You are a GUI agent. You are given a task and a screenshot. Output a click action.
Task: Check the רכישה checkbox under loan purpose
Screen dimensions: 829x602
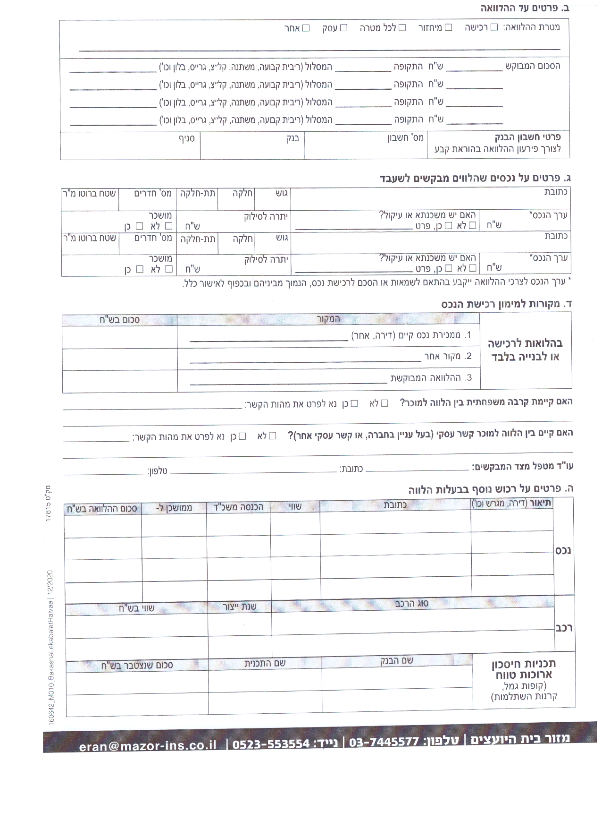[x=494, y=27]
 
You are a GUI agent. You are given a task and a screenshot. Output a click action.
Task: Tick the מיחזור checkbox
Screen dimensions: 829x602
[x=449, y=27]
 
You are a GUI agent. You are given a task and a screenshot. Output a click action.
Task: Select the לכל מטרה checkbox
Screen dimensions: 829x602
[x=402, y=27]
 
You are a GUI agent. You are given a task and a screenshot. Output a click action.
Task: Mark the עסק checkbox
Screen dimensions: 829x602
[x=344, y=28]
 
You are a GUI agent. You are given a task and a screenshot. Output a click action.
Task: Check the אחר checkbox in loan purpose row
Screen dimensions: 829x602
[x=306, y=28]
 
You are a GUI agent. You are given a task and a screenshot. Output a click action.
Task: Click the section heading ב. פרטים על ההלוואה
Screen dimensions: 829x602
[x=525, y=9]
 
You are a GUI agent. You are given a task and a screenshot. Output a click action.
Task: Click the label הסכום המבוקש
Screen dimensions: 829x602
[x=533, y=66]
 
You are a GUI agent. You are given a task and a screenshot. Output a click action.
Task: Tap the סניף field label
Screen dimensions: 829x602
[x=187, y=139]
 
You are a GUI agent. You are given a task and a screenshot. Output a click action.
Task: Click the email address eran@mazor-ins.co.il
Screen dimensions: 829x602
[x=148, y=745]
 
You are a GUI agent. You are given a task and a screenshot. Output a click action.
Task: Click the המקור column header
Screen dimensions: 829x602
[x=328, y=319]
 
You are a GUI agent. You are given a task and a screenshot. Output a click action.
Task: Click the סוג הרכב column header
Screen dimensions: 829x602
[x=412, y=603]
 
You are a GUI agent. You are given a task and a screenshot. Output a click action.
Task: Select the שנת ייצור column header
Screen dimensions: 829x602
[x=240, y=607]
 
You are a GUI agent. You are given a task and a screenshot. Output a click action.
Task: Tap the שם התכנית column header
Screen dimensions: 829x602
[x=265, y=663]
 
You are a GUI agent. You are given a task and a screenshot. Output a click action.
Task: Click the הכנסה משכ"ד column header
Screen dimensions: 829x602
[x=238, y=507]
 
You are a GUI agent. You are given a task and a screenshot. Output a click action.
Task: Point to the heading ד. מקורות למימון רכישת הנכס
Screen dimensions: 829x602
[x=506, y=304]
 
